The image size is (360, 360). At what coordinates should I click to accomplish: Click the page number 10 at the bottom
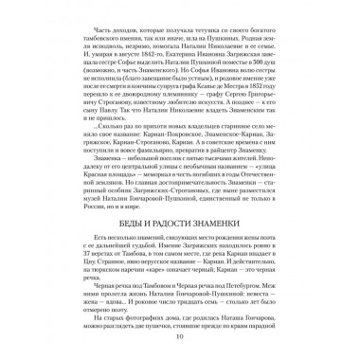180,335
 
